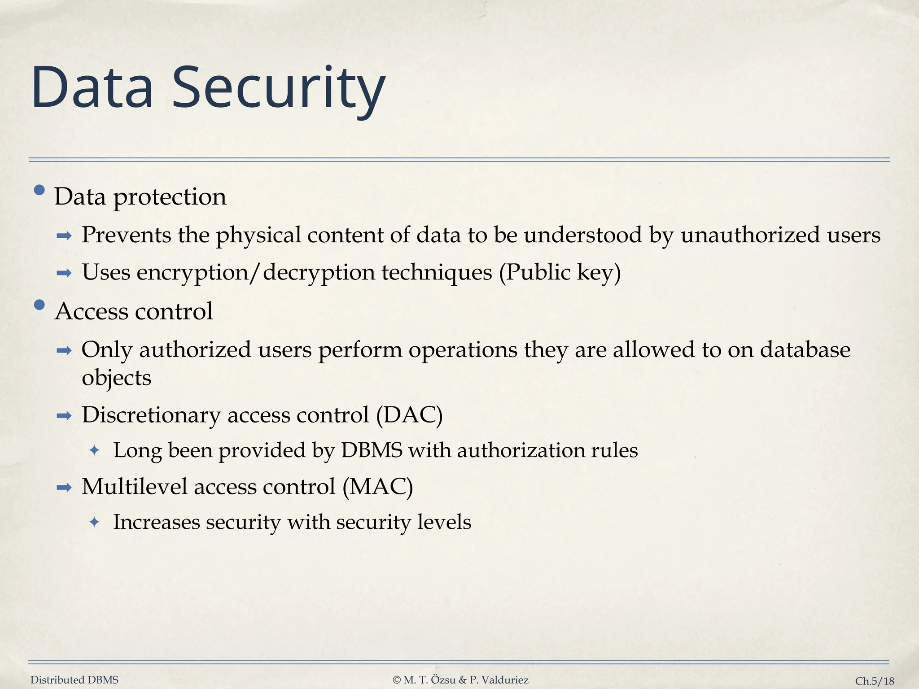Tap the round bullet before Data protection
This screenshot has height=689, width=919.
39,190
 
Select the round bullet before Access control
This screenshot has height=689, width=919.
39,305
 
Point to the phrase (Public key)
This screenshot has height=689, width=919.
560,272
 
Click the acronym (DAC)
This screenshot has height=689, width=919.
409,415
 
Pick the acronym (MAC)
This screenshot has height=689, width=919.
377,487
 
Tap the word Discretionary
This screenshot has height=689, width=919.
151,415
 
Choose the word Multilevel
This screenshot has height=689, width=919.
134,487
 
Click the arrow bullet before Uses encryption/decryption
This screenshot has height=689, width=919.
64,273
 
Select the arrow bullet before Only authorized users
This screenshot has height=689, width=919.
64,351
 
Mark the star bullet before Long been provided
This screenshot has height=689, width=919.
94,450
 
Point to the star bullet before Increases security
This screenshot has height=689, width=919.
94,522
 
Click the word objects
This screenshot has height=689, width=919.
116,378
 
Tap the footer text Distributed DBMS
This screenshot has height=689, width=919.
74,680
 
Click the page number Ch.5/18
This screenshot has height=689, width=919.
875,681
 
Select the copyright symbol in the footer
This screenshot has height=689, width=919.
397,680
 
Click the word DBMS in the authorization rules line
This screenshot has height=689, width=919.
372,450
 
